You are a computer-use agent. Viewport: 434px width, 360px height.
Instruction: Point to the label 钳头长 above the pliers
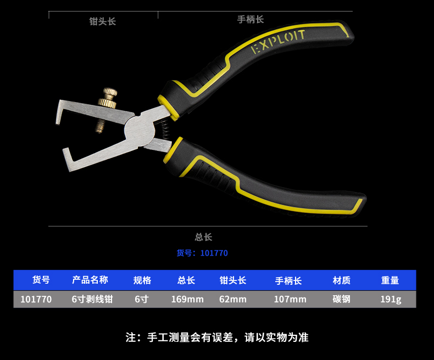point(103,21)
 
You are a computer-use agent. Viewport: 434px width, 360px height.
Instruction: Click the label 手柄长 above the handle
point(251,19)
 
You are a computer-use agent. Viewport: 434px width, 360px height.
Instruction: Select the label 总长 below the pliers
point(203,237)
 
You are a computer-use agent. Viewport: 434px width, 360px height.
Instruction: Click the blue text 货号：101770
point(202,253)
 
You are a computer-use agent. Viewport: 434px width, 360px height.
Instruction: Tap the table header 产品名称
point(90,280)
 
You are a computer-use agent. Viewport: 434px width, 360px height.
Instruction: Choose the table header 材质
point(342,280)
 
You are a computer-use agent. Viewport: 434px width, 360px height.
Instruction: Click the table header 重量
point(390,280)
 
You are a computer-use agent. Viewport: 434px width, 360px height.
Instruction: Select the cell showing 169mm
point(187,299)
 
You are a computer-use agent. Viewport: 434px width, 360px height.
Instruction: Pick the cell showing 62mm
point(233,299)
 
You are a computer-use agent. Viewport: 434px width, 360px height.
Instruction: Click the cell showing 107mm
point(290,299)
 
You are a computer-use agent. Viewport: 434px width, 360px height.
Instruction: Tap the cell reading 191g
point(391,299)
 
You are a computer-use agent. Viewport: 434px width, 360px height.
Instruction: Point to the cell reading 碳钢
point(341,299)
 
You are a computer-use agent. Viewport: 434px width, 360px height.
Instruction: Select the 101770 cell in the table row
point(36,299)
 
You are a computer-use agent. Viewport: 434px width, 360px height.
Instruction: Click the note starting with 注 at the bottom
point(217,337)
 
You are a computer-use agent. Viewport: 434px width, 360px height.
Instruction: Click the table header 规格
point(142,280)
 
